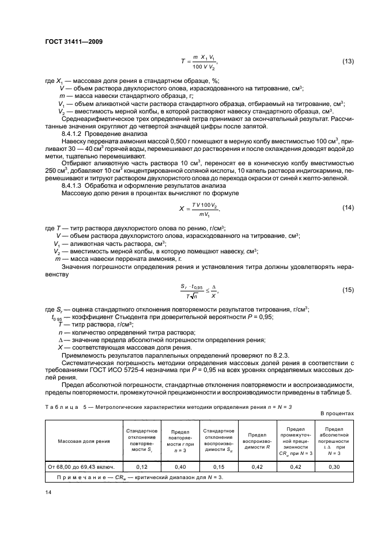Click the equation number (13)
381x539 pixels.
pos(348,62)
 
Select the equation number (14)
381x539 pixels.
pos(348,207)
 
